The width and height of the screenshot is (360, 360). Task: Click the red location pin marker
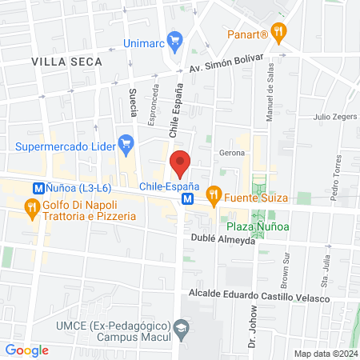click(x=181, y=163)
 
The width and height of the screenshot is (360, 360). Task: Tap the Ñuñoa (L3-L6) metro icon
click(x=38, y=187)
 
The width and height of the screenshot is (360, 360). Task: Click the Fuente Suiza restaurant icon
click(x=214, y=193)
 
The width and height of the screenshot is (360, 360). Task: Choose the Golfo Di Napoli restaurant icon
click(x=31, y=210)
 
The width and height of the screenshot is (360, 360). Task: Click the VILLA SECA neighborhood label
click(x=67, y=61)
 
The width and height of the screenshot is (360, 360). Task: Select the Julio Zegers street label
click(x=334, y=117)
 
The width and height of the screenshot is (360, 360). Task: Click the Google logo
click(x=26, y=350)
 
